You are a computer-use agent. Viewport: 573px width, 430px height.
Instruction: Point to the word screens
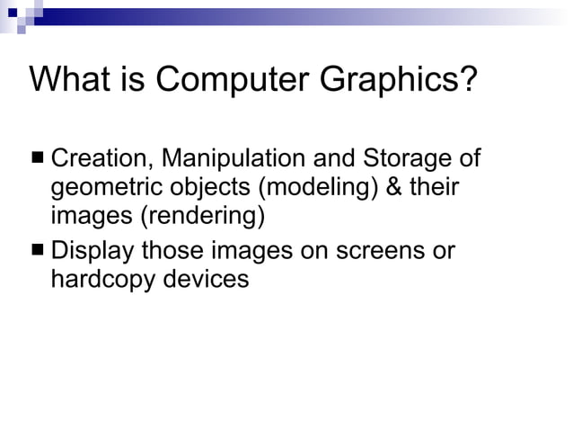coord(376,250)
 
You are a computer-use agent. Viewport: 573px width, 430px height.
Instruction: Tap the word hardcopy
coord(103,279)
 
